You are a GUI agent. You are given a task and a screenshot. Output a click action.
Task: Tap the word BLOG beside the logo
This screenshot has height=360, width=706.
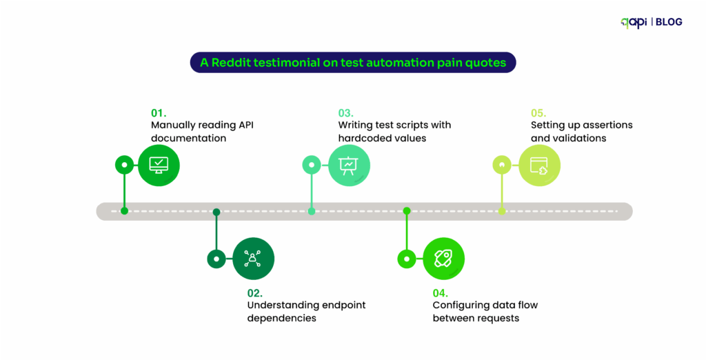[x=669, y=22]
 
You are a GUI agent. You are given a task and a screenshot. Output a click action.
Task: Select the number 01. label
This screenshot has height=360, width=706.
[x=159, y=112]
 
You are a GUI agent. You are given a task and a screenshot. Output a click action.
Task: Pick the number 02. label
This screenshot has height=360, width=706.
[x=255, y=292]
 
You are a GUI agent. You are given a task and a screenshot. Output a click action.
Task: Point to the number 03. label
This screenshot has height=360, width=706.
[x=345, y=112]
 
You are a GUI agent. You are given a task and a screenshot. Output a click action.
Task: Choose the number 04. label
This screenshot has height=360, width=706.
[x=441, y=292]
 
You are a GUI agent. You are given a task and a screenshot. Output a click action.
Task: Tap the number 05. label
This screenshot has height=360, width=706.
[x=538, y=112]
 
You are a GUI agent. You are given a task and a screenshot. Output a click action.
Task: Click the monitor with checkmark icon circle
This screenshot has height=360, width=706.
[x=159, y=165]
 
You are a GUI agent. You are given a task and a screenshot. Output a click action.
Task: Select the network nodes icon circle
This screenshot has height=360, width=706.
[x=254, y=259]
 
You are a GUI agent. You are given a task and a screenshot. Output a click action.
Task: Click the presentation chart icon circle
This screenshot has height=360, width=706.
[x=349, y=165]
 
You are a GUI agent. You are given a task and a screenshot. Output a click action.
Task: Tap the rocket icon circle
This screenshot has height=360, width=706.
[x=443, y=259]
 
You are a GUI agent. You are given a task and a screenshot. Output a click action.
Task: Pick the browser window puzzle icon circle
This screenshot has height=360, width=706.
[x=539, y=165]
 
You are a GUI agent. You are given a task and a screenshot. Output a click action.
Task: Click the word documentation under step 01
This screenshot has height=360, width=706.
[x=188, y=138]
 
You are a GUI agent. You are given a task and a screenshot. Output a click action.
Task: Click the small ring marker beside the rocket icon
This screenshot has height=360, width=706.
[x=407, y=259]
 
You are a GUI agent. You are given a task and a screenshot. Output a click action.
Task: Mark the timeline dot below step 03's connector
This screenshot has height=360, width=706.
[x=312, y=211]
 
